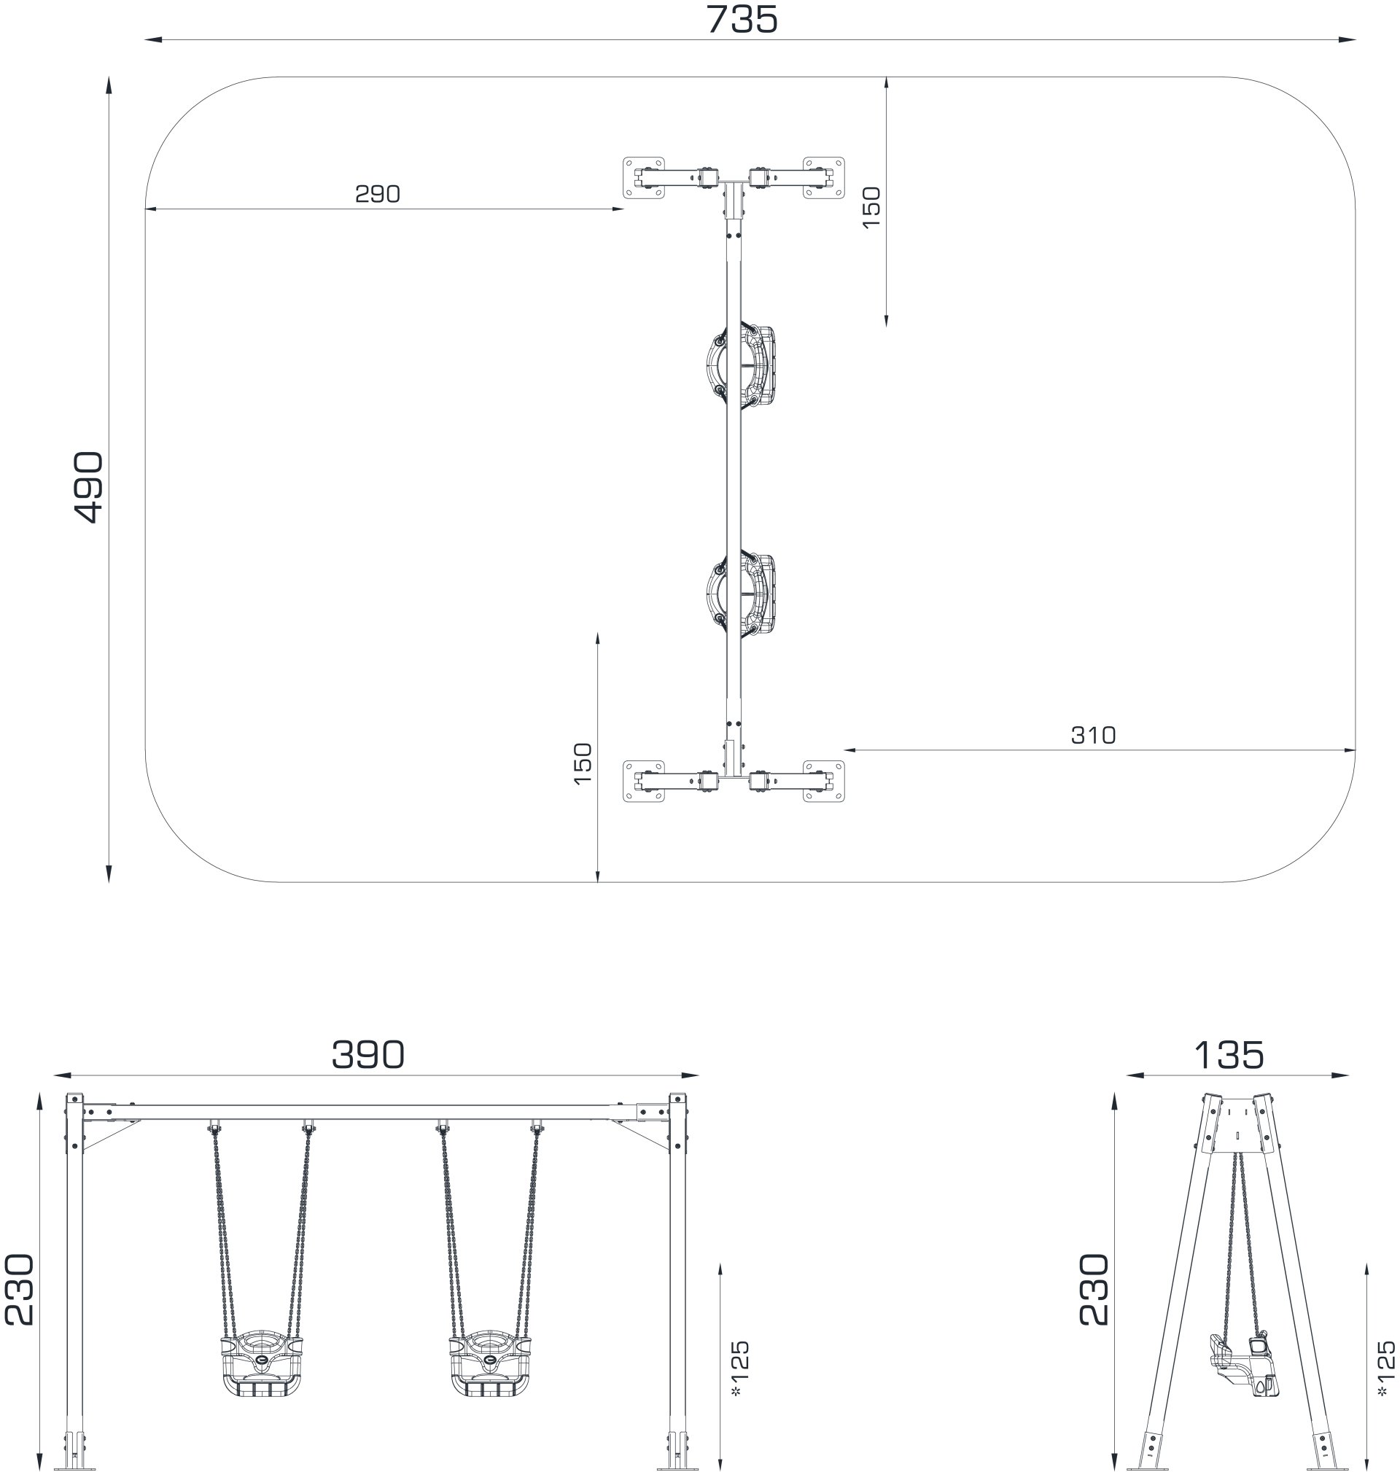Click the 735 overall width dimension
click(x=742, y=20)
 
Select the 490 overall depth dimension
click(x=90, y=486)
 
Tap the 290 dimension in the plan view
click(x=378, y=194)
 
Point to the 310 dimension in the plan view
click(x=1093, y=736)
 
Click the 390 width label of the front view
click(x=368, y=1055)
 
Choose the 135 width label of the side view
click(x=1229, y=1055)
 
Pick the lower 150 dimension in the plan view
click(x=583, y=763)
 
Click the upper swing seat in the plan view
click(x=741, y=366)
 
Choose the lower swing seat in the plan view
click(x=741, y=596)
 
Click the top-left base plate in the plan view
click(x=643, y=178)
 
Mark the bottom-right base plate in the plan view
click(x=824, y=781)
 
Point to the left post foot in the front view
click(x=74, y=1448)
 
